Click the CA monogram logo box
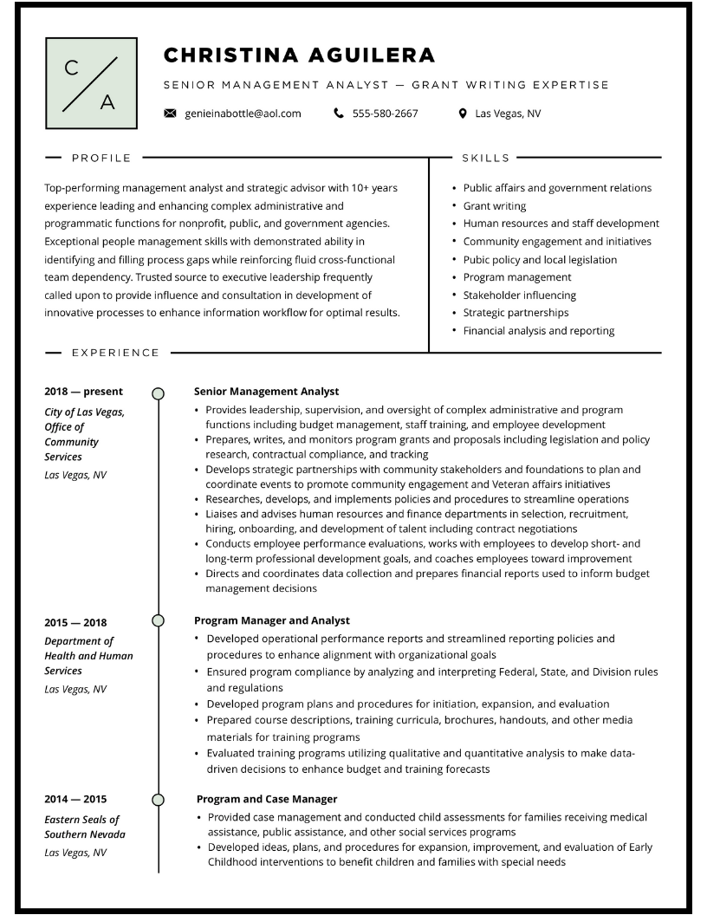pos(91,83)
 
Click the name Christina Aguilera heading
pos(299,55)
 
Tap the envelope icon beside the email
pos(170,114)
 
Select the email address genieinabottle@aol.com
pos(243,114)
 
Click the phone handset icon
pos(338,114)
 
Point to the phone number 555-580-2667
pos(385,114)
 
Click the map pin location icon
pos(463,114)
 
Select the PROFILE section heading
pos(101,158)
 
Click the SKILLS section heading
pos(486,158)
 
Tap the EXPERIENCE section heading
pos(115,353)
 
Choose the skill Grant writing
pos(494,206)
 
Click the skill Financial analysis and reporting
pos(538,330)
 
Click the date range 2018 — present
pos(83,392)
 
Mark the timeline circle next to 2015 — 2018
pos(158,620)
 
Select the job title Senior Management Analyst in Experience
pos(266,392)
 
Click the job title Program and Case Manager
pos(267,799)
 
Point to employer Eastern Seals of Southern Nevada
pos(84,827)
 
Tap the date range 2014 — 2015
pos(75,799)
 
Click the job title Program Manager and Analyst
pos(271,620)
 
